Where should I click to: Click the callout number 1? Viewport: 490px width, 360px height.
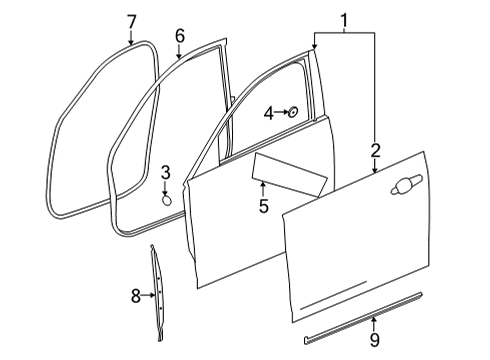pyautogui.click(x=344, y=20)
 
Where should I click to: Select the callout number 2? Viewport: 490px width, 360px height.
pyautogui.click(x=375, y=150)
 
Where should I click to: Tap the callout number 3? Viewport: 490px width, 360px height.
pyautogui.click(x=166, y=172)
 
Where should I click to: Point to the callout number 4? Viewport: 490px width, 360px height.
pyautogui.click(x=269, y=114)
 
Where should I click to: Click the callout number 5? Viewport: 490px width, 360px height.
pyautogui.click(x=264, y=206)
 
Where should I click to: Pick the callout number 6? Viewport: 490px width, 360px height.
pyautogui.click(x=180, y=36)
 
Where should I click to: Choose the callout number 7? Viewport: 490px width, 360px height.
pyautogui.click(x=132, y=22)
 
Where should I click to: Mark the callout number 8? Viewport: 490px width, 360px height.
pyautogui.click(x=135, y=296)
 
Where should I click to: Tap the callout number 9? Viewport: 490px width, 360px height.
pyautogui.click(x=375, y=340)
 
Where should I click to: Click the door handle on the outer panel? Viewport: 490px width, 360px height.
pyautogui.click(x=406, y=184)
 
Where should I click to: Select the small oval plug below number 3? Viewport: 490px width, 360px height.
pyautogui.click(x=167, y=200)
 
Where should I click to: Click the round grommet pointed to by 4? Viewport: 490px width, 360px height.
pyautogui.click(x=293, y=112)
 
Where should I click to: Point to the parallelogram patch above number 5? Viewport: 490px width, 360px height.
pyautogui.click(x=289, y=174)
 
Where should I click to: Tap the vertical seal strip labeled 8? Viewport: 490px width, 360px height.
pyautogui.click(x=158, y=293)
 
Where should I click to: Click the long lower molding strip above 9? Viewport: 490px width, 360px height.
pyautogui.click(x=363, y=317)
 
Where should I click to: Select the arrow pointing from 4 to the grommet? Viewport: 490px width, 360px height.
pyautogui.click(x=281, y=112)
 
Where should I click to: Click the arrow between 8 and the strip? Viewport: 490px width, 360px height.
pyautogui.click(x=148, y=295)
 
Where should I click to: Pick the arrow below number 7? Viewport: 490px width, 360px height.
pyautogui.click(x=131, y=37)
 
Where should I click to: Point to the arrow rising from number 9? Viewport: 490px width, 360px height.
pyautogui.click(x=374, y=324)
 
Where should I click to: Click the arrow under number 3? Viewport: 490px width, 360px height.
pyautogui.click(x=166, y=188)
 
